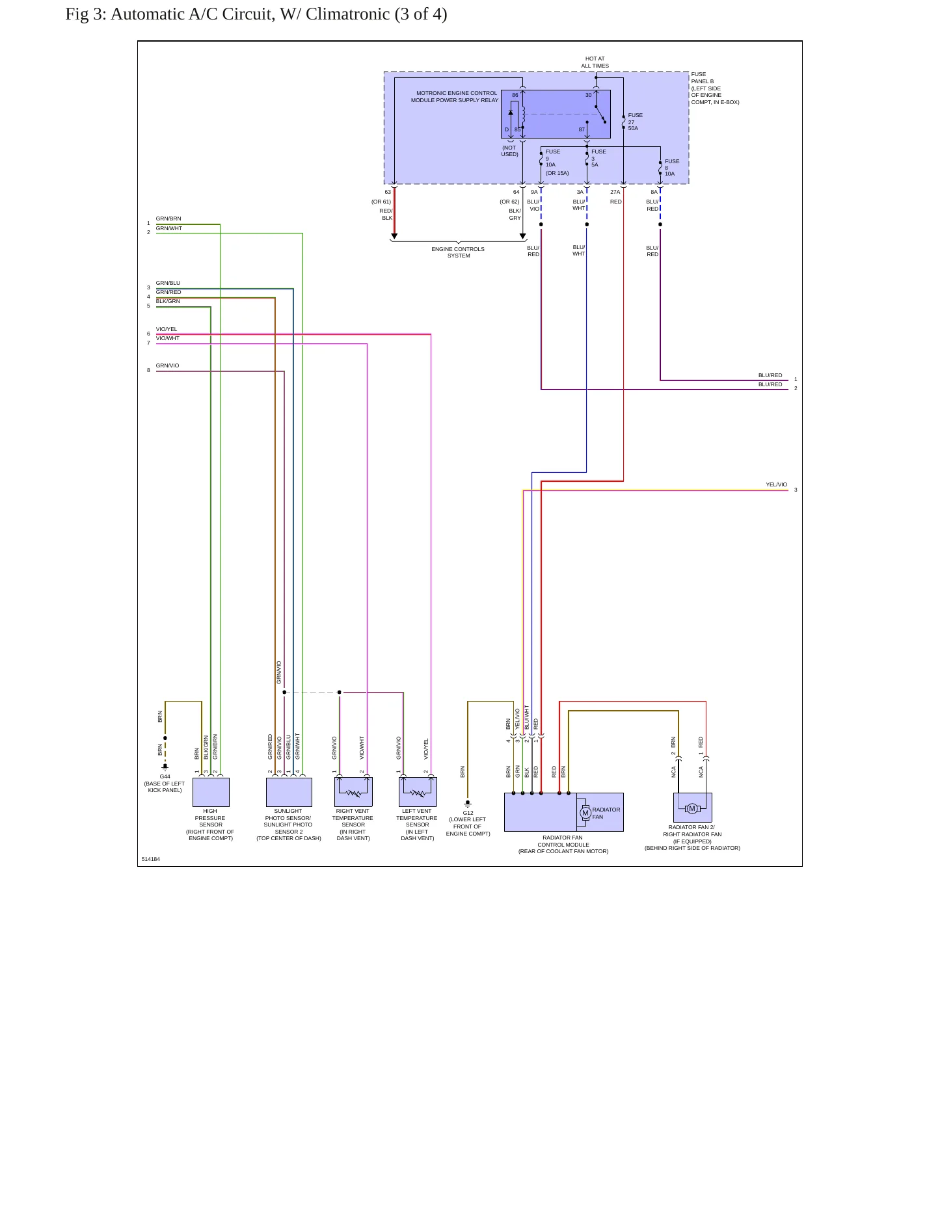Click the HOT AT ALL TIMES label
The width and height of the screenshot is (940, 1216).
(595, 62)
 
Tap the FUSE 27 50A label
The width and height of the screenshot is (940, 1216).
(636, 122)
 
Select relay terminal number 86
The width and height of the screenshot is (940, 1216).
(515, 95)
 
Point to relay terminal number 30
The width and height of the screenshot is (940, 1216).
(589, 95)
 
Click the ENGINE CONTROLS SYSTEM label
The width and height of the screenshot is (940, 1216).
(458, 252)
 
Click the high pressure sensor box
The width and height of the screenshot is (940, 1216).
(211, 792)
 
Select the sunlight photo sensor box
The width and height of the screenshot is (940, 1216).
(289, 792)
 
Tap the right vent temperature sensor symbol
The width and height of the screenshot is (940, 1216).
(353, 792)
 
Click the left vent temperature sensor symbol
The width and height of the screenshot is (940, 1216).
(418, 792)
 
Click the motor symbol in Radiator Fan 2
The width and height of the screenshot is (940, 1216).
(692, 808)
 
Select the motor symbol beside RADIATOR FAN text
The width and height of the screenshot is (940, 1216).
(585, 813)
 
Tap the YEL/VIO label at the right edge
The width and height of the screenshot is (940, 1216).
(776, 484)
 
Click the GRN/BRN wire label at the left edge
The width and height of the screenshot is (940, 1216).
(168, 218)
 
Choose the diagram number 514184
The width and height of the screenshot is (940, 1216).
(151, 859)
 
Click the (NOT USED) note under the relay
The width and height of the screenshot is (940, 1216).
(509, 151)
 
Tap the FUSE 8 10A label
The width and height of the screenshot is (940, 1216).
(672, 168)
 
